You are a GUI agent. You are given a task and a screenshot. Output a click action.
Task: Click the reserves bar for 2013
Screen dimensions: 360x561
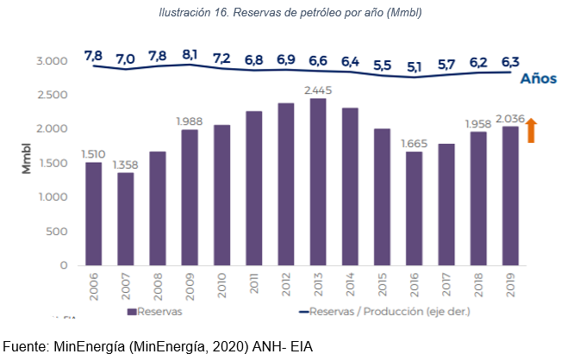[x=318, y=182]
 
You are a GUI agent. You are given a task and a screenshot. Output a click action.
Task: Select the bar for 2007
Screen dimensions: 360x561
[x=126, y=219]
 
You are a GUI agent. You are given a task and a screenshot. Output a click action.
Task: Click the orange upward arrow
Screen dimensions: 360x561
[x=532, y=131]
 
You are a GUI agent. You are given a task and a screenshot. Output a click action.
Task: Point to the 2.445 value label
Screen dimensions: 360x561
[x=318, y=90]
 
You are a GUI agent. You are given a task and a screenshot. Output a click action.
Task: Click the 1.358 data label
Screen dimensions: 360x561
[x=126, y=164]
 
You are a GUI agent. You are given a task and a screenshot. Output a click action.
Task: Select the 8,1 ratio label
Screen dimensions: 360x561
[x=190, y=56]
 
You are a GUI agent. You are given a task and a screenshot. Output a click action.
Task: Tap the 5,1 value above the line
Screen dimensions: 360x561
[x=414, y=66]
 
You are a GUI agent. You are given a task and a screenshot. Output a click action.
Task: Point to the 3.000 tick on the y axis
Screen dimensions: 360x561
[x=52, y=61]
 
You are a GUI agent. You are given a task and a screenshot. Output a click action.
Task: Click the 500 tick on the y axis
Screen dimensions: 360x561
[x=57, y=231]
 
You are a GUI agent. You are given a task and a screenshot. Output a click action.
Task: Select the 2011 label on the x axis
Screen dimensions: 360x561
[x=254, y=283]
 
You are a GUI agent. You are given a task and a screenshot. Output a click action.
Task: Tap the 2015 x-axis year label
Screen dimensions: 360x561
[x=382, y=283]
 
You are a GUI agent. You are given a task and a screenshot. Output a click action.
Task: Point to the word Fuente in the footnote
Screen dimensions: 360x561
[x=26, y=347]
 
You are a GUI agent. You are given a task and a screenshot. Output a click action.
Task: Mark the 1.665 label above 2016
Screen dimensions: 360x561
[x=414, y=142]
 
